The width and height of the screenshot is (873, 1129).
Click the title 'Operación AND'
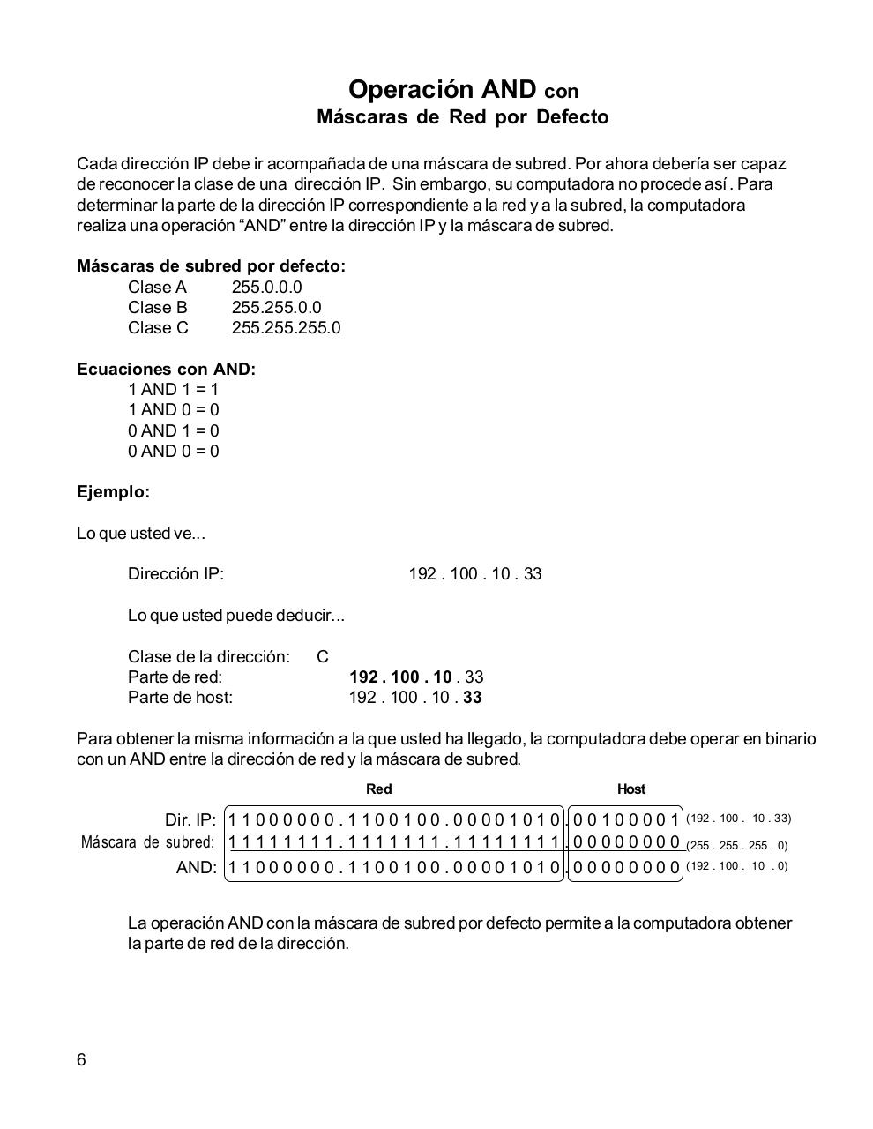pyautogui.click(x=442, y=89)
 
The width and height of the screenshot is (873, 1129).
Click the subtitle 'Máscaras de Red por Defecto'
pyautogui.click(x=462, y=117)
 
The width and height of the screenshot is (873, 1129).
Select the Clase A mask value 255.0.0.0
pyautogui.click(x=266, y=287)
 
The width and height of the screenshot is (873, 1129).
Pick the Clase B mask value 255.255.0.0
pyautogui.click(x=276, y=307)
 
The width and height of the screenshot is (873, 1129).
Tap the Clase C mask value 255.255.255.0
pyautogui.click(x=286, y=327)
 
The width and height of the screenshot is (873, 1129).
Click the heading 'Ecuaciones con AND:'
pyautogui.click(x=166, y=369)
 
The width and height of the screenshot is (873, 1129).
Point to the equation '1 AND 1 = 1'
pyautogui.click(x=173, y=389)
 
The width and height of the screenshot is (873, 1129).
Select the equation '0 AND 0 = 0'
pyautogui.click(x=173, y=451)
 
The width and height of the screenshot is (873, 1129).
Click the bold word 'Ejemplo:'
pyautogui.click(x=113, y=492)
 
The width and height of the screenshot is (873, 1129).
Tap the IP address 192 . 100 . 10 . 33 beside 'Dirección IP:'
pyautogui.click(x=474, y=574)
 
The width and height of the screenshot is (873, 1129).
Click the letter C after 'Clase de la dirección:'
pyautogui.click(x=322, y=657)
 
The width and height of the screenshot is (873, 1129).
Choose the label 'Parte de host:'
pyautogui.click(x=180, y=698)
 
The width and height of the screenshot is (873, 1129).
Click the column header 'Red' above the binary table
pyautogui.click(x=378, y=789)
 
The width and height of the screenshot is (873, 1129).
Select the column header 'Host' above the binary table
pyautogui.click(x=630, y=789)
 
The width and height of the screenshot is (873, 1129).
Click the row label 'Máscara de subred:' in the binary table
pyautogui.click(x=147, y=842)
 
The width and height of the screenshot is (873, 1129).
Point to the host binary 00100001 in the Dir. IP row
pyautogui.click(x=625, y=819)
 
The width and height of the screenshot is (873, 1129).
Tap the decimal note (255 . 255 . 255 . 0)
pyautogui.click(x=736, y=845)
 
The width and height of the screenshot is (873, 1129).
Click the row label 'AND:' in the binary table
pyautogui.click(x=196, y=868)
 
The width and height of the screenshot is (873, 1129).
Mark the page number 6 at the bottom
pyautogui.click(x=81, y=1060)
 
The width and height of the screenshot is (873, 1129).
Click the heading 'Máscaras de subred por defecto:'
pyautogui.click(x=211, y=266)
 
